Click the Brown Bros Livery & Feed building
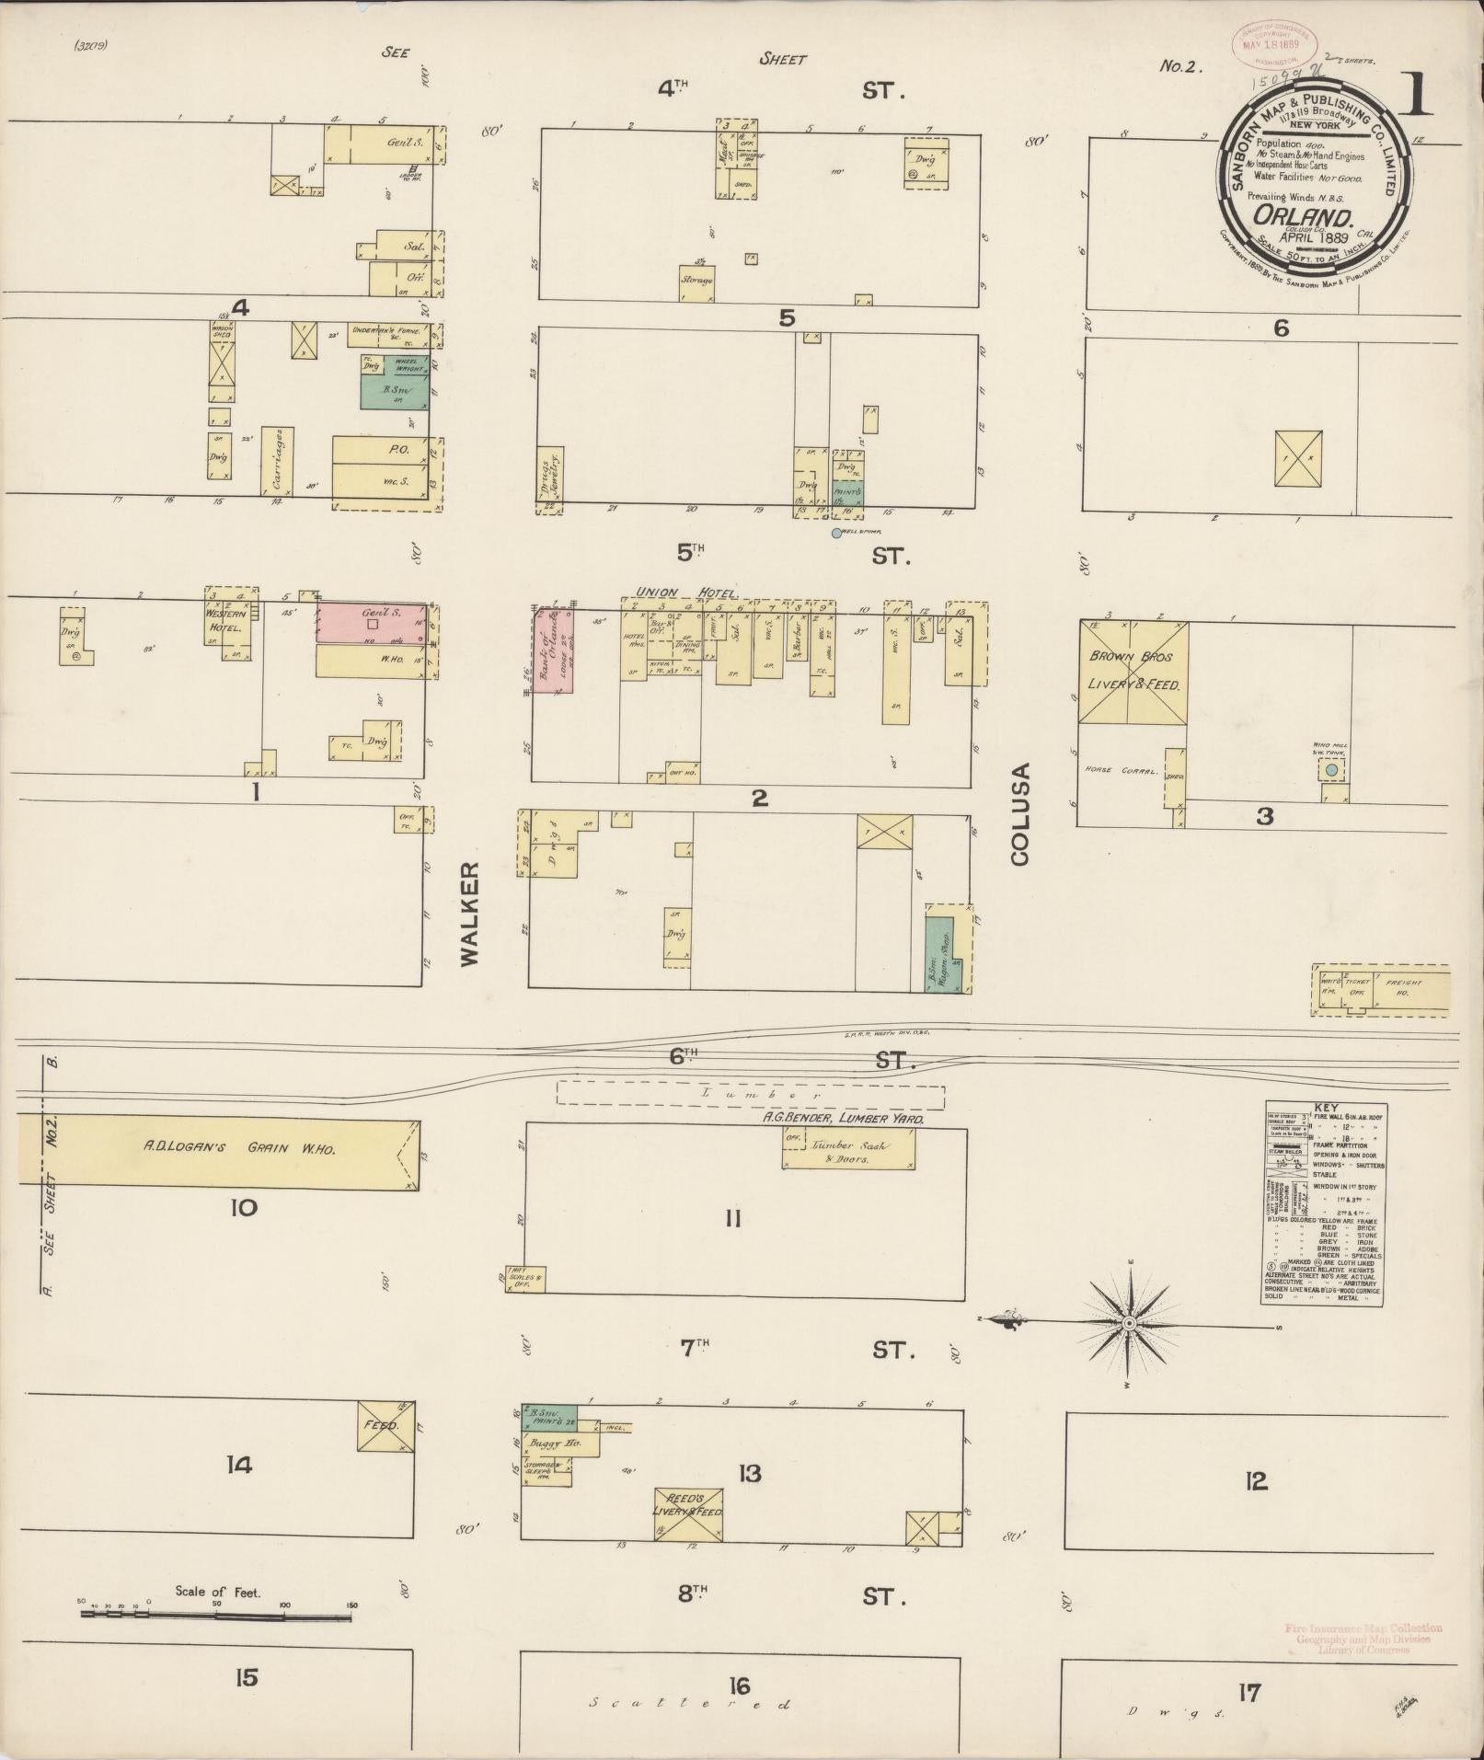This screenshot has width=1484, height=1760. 1133,673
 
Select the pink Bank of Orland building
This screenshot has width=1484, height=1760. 555,651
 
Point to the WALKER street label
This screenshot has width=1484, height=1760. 470,914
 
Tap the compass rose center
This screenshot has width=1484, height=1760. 1129,1322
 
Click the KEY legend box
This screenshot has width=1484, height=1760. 1321,1202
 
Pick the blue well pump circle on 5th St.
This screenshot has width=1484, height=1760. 836,533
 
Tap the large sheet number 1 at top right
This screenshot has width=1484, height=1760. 1418,95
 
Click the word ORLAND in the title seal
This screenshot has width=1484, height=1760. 1303,218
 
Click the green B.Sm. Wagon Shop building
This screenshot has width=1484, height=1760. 942,954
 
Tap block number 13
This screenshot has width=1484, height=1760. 750,1474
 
